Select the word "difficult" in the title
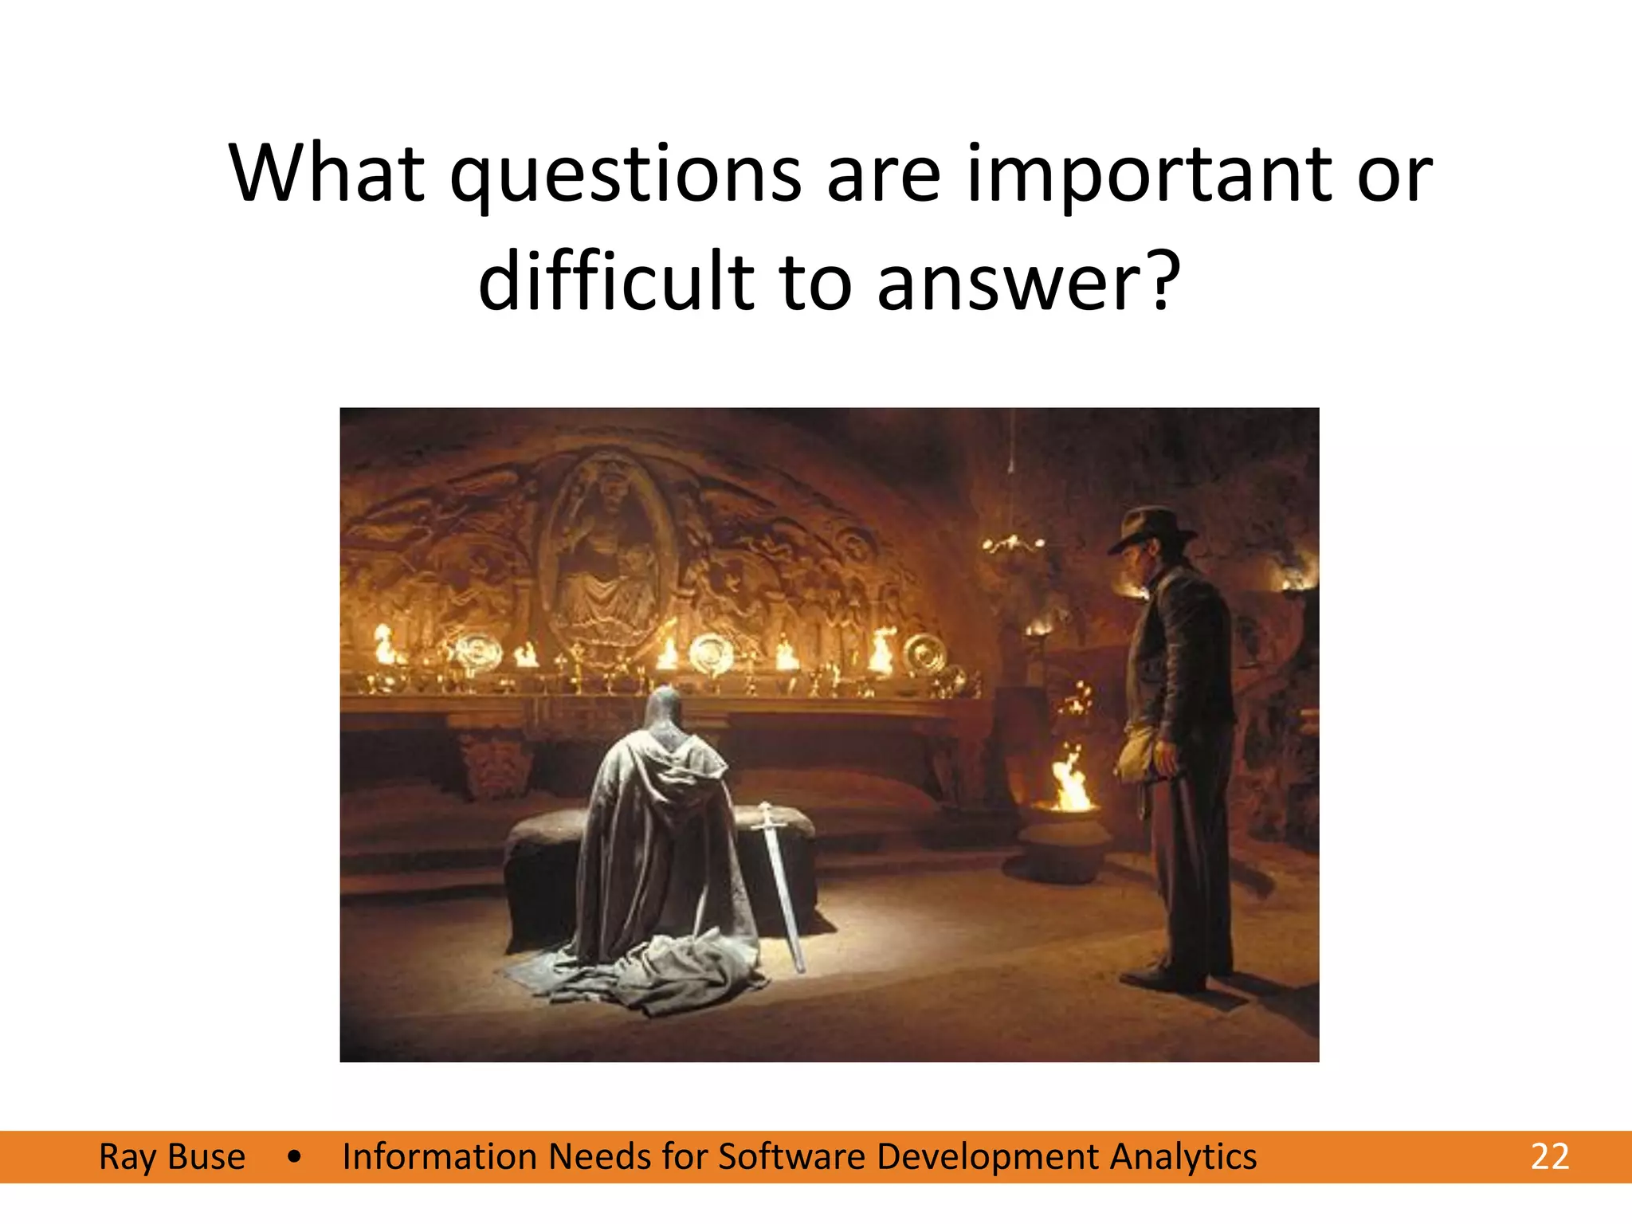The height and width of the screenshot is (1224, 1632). tap(616, 281)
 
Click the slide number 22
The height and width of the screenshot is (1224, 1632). tap(1549, 1156)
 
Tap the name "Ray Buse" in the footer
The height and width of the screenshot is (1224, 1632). tap(172, 1157)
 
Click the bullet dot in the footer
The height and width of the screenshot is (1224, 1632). tap(295, 1157)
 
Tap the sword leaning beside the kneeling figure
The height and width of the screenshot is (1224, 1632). tap(781, 885)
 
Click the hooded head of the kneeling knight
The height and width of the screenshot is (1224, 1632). tap(663, 709)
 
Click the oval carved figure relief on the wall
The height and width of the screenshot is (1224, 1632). tap(607, 550)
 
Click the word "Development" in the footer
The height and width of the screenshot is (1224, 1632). tap(987, 1157)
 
